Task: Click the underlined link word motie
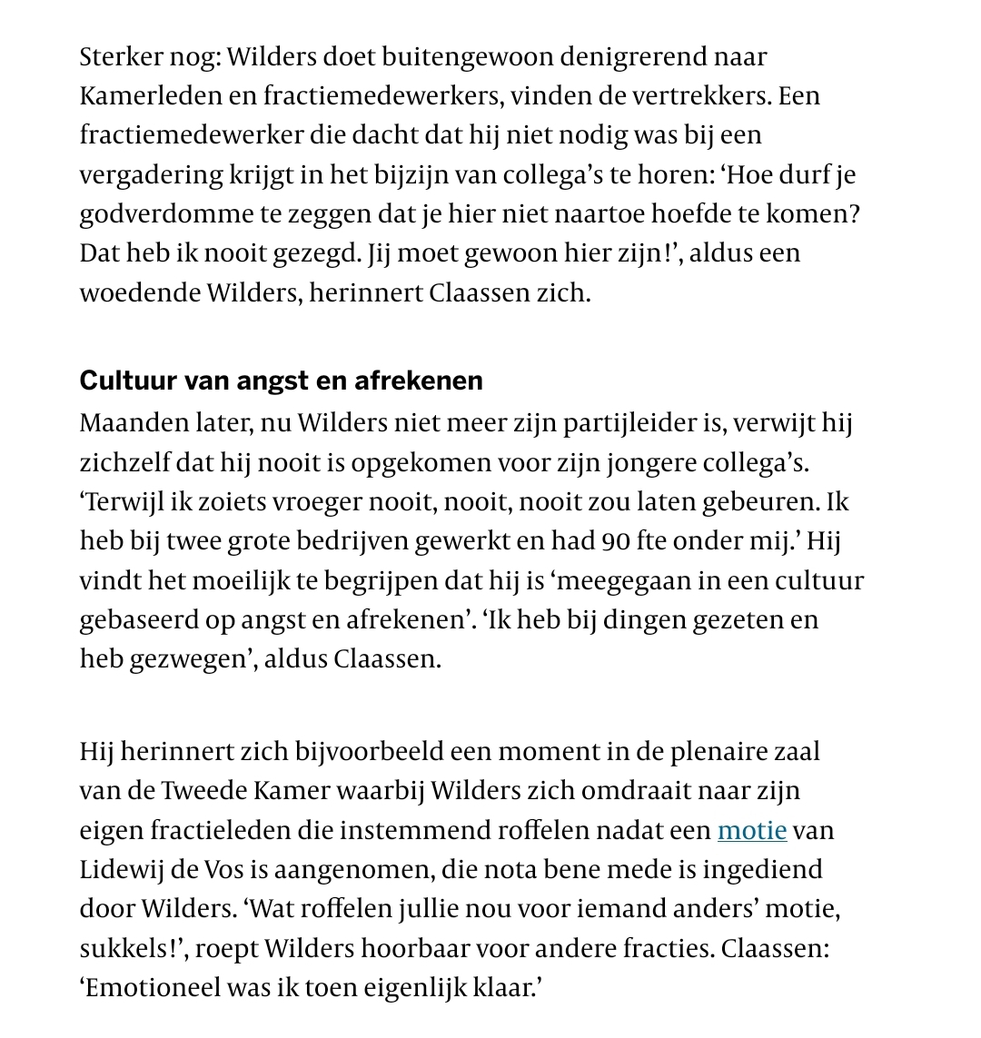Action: [x=751, y=830]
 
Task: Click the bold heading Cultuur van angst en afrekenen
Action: [x=282, y=380]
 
